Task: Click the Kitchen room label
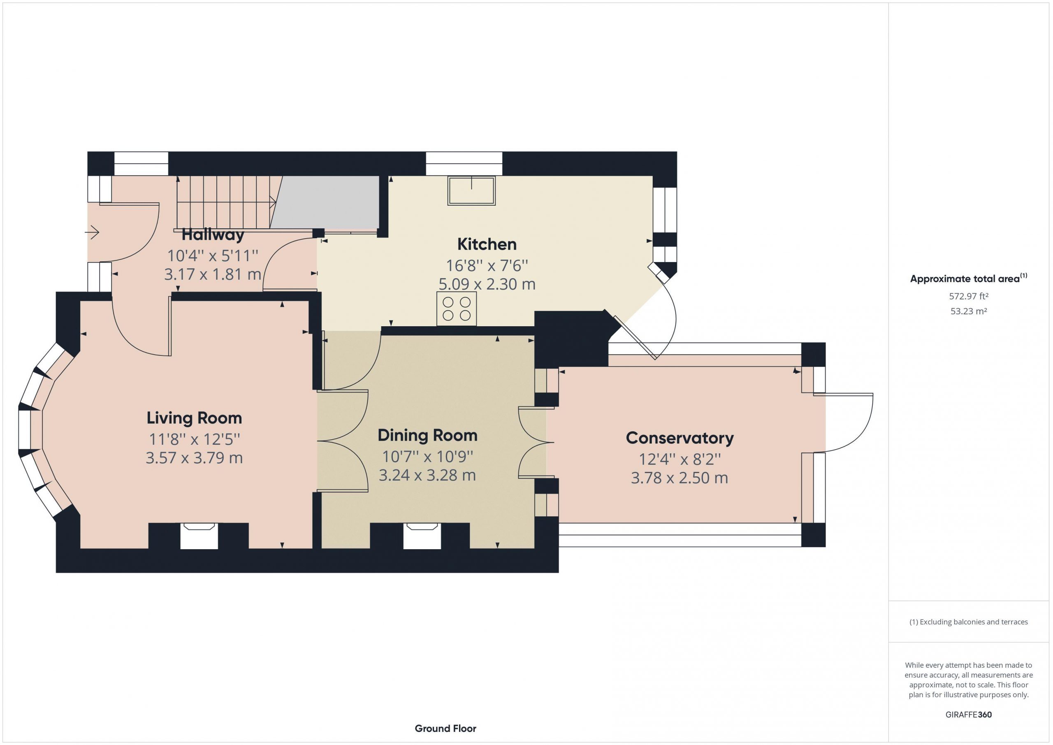(487, 244)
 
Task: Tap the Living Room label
(194, 418)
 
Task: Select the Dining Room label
(427, 435)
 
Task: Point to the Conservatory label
(679, 438)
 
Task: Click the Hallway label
(213, 235)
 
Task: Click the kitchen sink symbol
(471, 191)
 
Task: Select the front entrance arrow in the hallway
(92, 232)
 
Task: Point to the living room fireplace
(199, 536)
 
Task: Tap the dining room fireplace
(422, 536)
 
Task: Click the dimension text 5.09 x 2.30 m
(487, 284)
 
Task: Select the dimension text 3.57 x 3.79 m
(194, 458)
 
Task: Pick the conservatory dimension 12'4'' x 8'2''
(679, 459)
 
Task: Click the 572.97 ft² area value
(968, 296)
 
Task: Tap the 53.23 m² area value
(968, 311)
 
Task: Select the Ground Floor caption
(445, 728)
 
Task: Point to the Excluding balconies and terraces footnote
(968, 622)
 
